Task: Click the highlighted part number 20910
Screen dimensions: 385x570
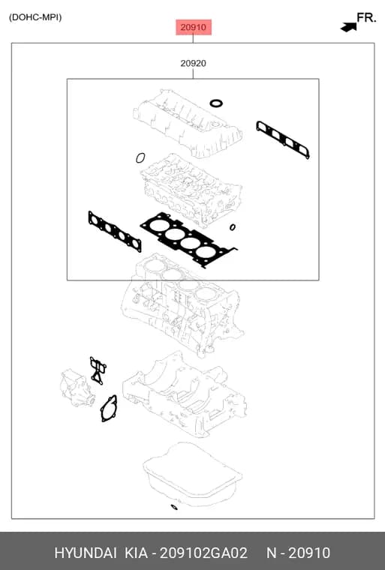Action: tap(193, 27)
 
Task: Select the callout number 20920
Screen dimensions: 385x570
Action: tap(193, 63)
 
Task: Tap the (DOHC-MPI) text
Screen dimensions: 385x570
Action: tap(35, 17)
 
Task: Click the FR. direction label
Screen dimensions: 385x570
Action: tap(366, 17)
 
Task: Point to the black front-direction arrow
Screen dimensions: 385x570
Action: tap(349, 27)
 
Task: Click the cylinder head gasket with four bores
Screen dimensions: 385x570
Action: tap(189, 239)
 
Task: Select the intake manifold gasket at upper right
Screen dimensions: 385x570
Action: tap(283, 139)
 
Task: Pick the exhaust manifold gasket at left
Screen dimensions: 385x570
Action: tap(115, 231)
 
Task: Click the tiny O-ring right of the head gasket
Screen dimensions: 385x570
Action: tap(232, 227)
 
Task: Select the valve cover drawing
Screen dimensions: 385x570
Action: tap(188, 124)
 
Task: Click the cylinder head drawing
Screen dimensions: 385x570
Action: tap(191, 189)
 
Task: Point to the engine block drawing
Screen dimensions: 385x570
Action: tap(182, 305)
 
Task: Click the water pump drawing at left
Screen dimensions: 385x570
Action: tap(77, 388)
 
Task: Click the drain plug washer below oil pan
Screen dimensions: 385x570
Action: tap(174, 507)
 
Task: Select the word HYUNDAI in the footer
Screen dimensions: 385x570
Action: tap(86, 553)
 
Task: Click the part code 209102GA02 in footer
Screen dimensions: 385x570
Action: tap(203, 553)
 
